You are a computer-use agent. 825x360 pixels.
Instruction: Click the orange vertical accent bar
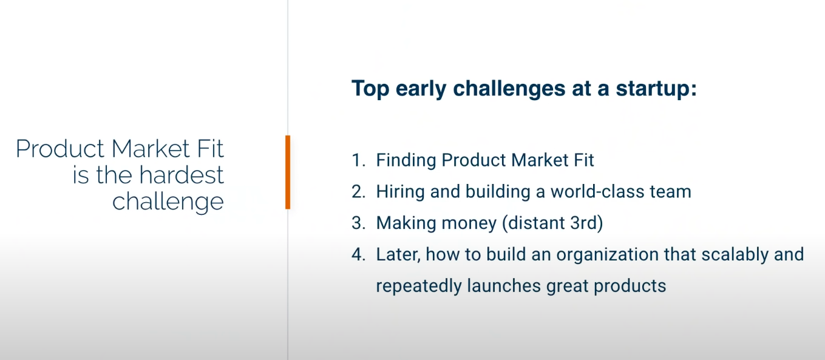(288, 172)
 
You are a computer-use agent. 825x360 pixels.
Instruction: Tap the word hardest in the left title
(182, 175)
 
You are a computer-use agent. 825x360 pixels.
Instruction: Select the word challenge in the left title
(168, 202)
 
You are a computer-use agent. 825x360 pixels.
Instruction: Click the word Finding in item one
(406, 160)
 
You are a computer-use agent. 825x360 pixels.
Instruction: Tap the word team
(671, 192)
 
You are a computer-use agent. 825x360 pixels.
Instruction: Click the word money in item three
(467, 223)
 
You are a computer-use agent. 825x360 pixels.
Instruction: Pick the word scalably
(735, 254)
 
